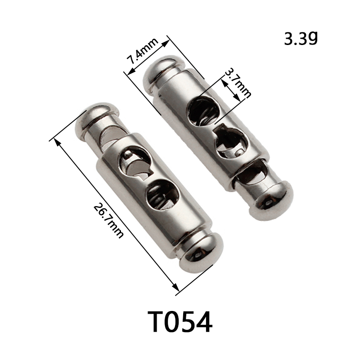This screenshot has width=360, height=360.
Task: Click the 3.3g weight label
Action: click(301, 38)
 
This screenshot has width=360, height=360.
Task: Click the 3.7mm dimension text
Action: click(238, 83)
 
